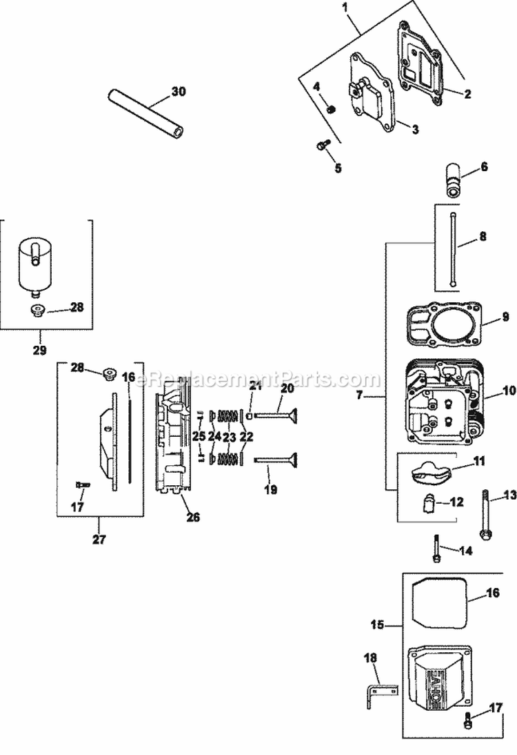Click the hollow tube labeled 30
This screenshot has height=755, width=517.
coord(145,111)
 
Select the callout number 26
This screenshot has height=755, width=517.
coord(193,516)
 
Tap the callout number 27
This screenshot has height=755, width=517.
coord(99,540)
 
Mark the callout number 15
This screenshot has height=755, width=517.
coord(376,626)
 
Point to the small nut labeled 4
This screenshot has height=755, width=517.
coord(330,109)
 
